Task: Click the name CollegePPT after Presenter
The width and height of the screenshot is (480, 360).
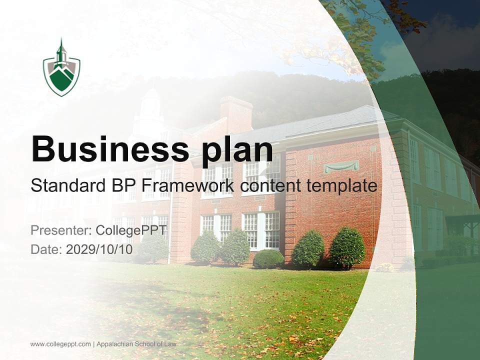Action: tap(131, 230)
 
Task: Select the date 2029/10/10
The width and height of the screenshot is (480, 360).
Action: tap(99, 249)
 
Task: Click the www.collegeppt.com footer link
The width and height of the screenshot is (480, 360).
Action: tap(60, 344)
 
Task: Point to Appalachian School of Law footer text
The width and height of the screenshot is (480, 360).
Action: tap(136, 344)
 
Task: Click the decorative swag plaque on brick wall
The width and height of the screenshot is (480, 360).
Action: tap(341, 166)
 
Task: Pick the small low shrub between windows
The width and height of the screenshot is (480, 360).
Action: tap(268, 258)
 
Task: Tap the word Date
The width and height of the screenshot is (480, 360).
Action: tap(45, 249)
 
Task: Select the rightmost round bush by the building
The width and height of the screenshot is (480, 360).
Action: tap(346, 248)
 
